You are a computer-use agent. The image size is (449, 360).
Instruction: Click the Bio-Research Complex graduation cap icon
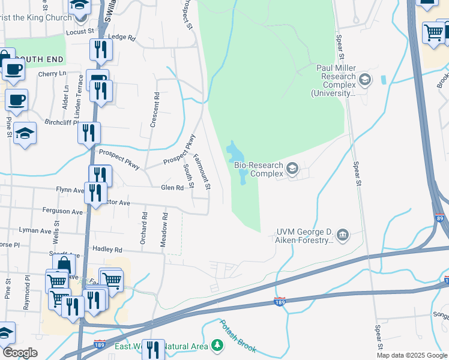[292, 169]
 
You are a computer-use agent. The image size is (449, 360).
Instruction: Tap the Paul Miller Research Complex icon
[364, 79]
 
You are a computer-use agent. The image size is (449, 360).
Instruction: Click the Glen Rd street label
[172, 188]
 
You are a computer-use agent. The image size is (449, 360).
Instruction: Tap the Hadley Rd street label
[107, 250]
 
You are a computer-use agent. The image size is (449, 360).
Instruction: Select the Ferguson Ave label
[62, 211]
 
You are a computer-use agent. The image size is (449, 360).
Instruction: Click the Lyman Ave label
[35, 230]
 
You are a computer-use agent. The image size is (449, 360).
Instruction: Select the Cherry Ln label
[52, 74]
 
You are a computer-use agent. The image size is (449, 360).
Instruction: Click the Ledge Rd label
[122, 37]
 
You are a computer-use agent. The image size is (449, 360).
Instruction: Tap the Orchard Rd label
[144, 227]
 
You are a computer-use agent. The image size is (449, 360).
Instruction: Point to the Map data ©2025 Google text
[412, 355]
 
